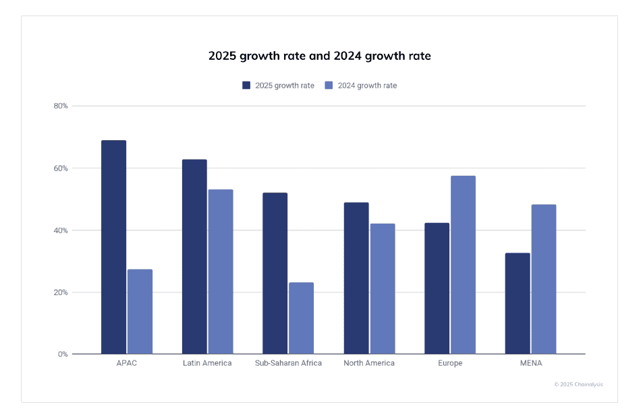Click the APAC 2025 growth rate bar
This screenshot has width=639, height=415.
click(x=113, y=247)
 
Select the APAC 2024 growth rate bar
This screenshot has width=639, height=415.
click(x=140, y=311)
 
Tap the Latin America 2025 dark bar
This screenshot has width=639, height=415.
click(x=194, y=256)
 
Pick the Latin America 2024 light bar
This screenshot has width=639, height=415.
click(x=221, y=272)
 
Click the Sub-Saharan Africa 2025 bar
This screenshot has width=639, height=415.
click(x=275, y=273)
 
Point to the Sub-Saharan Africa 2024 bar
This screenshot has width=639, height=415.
click(x=301, y=318)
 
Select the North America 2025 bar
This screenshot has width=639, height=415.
click(x=356, y=278)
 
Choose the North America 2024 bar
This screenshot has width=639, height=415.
click(x=382, y=288)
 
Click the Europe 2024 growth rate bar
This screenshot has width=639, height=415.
click(x=463, y=265)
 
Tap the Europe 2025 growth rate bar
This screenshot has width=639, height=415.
click(x=437, y=288)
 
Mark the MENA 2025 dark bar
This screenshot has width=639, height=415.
click(x=518, y=303)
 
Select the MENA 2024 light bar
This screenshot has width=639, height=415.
click(x=544, y=279)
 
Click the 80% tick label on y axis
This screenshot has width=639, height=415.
click(x=61, y=106)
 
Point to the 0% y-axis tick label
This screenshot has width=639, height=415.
click(x=63, y=354)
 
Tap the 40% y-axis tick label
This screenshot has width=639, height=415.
click(x=61, y=230)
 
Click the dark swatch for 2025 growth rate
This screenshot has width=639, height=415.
click(x=246, y=86)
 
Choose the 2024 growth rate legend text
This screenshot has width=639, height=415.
click(x=367, y=86)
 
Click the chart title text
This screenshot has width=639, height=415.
click(x=319, y=56)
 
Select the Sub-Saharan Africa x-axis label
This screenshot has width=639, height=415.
click(x=288, y=363)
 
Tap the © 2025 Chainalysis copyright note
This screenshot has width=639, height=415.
click(x=578, y=384)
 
